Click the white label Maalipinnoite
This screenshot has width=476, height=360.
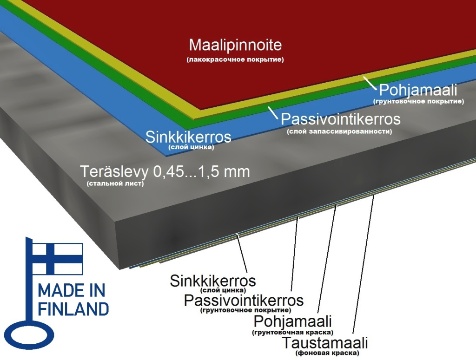pyautogui.click(x=235, y=45)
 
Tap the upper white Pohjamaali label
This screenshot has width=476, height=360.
pyautogui.click(x=418, y=90)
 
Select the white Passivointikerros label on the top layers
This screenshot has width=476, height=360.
pyautogui.click(x=341, y=119)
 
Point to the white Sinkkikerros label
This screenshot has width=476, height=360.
pyautogui.click(x=188, y=137)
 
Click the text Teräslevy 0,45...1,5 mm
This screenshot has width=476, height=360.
pyautogui.click(x=165, y=172)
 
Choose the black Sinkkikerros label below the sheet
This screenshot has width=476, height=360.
pyautogui.click(x=213, y=281)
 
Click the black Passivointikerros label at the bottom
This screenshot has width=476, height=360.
pyautogui.click(x=244, y=301)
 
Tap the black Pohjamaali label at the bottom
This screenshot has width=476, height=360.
pyautogui.click(x=292, y=321)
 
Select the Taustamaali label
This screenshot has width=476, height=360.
pyautogui.click(x=325, y=343)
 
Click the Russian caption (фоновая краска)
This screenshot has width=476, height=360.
pyautogui.click(x=327, y=353)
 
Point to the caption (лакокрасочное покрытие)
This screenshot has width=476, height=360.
pyautogui.click(x=235, y=59)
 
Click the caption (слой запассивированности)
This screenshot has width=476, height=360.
pyautogui.click(x=339, y=131)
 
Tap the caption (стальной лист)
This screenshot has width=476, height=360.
pyautogui.click(x=115, y=183)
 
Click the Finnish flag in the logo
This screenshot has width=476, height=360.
pyautogui.click(x=57, y=259)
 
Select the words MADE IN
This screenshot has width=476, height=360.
pyautogui.click(x=72, y=290)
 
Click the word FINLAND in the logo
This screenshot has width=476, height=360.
pyautogui.click(x=73, y=309)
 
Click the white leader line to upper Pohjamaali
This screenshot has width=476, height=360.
pyautogui.click(x=370, y=83)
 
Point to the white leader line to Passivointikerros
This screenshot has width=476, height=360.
pyautogui.click(x=272, y=112)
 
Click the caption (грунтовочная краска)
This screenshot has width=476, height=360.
pyautogui.click(x=292, y=332)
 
